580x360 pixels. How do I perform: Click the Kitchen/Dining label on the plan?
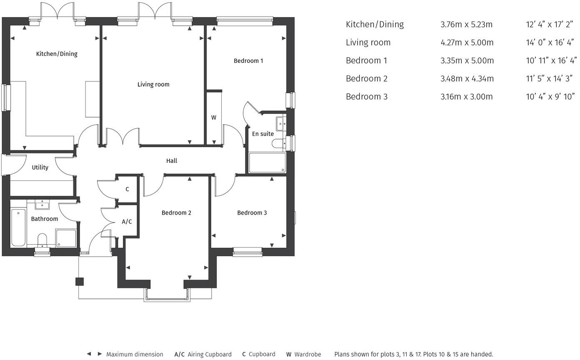[x=57, y=54]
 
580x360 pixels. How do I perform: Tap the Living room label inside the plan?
[x=153, y=85]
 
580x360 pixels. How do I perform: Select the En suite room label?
[x=263, y=134]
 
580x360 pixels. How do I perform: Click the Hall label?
[x=172, y=161]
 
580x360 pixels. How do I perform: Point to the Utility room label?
[x=40, y=167]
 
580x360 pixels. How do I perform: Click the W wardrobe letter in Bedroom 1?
[x=214, y=118]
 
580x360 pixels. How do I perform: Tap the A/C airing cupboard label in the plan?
[x=127, y=222]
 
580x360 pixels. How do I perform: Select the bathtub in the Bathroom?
[x=18, y=228]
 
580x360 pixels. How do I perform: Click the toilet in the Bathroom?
[x=42, y=240]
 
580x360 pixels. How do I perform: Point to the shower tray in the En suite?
[x=267, y=163]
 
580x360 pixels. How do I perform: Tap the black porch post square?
[x=79, y=282]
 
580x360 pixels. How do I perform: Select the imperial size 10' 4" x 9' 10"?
[x=550, y=97]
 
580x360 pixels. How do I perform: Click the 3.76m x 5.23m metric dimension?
[x=466, y=25]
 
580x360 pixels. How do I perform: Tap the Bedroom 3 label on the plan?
[x=252, y=213]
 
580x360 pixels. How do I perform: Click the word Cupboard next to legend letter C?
[x=262, y=354]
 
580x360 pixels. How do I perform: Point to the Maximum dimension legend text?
[x=135, y=355]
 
